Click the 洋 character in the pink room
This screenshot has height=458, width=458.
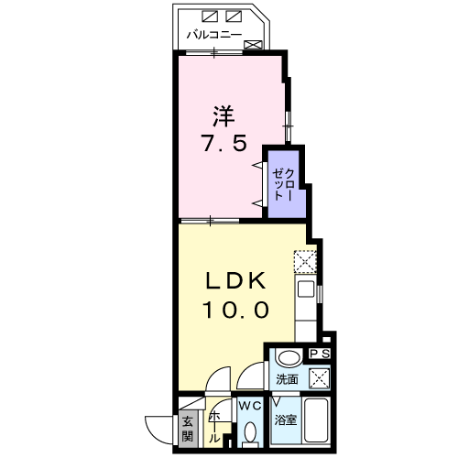tap(224, 116)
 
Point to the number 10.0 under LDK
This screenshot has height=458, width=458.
tap(235, 311)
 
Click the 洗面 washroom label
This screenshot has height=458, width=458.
tap(287, 378)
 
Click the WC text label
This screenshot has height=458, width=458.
tap(249, 404)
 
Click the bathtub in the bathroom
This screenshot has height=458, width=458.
tap(318, 422)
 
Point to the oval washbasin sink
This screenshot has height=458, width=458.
tap(289, 358)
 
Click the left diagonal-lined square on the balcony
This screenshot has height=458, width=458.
tap(210, 16)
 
